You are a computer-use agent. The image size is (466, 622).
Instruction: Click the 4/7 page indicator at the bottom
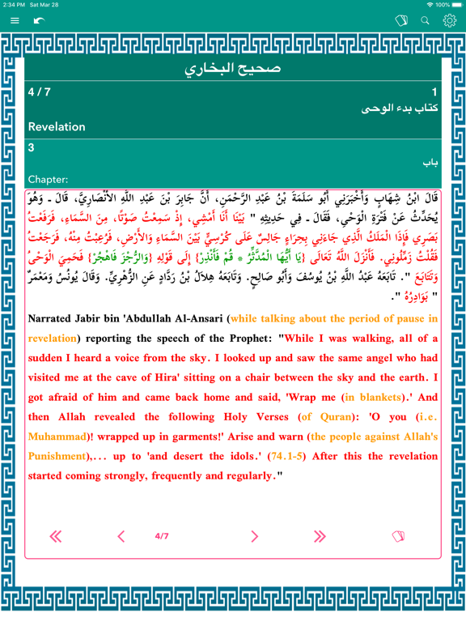click(162, 536)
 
